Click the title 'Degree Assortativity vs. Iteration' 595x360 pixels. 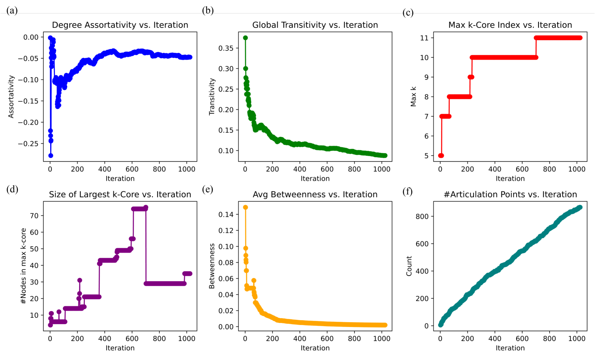point(120,25)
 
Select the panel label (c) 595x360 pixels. point(408,13)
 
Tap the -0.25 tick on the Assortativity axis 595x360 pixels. point(29,144)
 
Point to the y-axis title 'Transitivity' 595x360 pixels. point(212,97)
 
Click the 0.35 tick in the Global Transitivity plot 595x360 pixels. point(226,48)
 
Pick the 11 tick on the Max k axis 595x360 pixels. point(424,38)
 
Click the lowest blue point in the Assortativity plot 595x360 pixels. point(51,156)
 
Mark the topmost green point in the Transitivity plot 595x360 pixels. point(246,38)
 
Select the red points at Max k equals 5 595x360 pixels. point(441,156)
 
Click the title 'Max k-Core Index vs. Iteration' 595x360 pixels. point(510,25)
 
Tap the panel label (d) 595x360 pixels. point(12,189)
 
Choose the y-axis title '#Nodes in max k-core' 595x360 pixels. point(23,266)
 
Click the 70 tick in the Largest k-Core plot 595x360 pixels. point(34,216)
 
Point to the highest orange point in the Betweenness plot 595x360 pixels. point(246,207)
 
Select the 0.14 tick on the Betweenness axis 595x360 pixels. point(226,214)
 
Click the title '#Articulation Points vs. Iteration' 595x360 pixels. point(510,195)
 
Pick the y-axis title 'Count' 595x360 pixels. point(409,266)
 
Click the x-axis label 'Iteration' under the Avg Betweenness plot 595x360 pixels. point(315,348)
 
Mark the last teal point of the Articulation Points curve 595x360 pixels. point(580,207)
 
